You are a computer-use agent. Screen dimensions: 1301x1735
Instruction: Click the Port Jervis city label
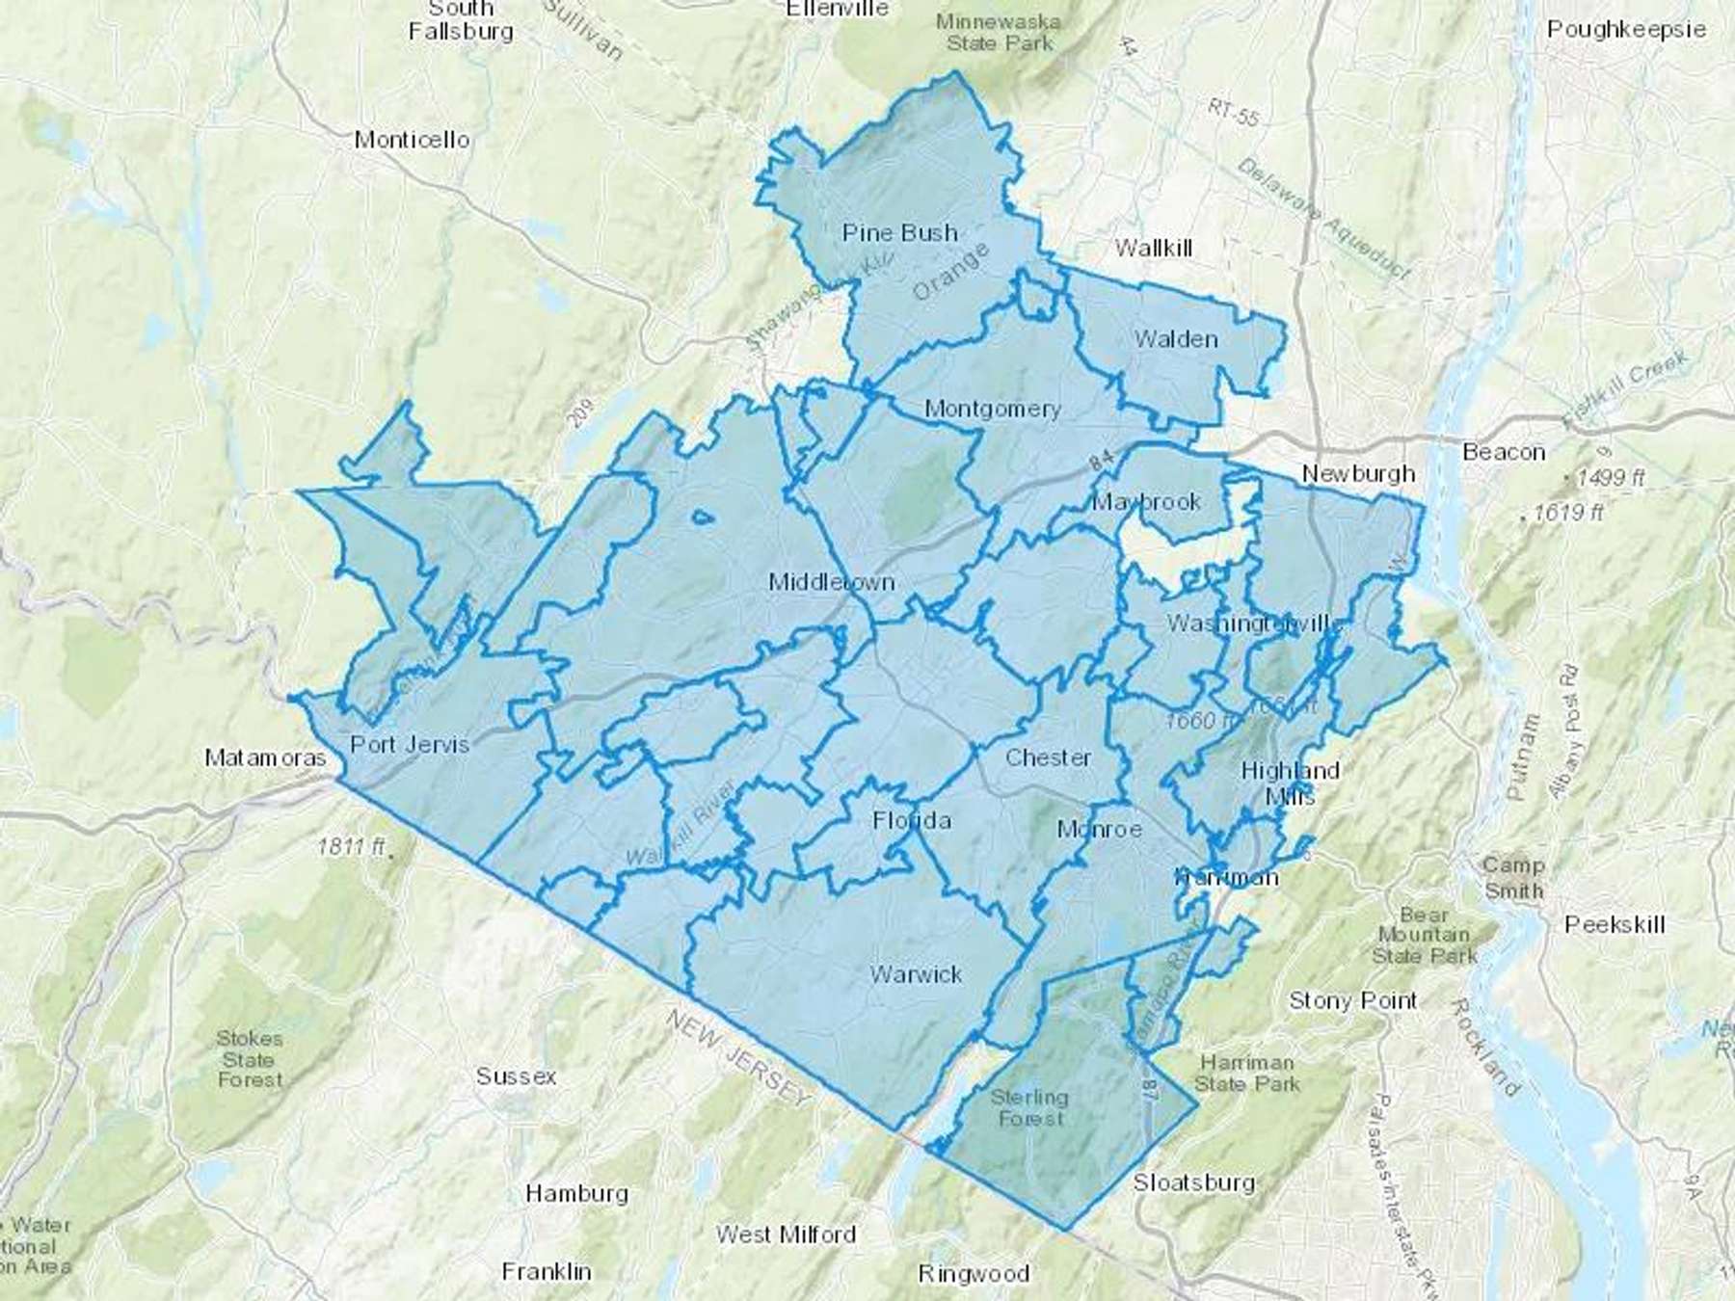pos(410,744)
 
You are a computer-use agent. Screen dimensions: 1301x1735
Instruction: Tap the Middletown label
pos(831,582)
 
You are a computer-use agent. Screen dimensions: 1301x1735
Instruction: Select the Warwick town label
pos(916,974)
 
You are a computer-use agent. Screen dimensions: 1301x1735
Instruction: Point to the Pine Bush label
pos(899,233)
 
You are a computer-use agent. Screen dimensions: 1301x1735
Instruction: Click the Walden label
pos(1176,339)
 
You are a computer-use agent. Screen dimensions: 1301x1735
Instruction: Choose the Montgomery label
pos(992,409)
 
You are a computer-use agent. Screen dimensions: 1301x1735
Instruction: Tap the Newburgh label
pos(1358,473)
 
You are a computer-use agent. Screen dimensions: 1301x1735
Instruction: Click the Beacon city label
pos(1504,452)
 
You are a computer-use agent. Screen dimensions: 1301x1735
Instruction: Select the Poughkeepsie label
pos(1626,29)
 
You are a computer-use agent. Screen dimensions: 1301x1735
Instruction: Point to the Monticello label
pos(412,140)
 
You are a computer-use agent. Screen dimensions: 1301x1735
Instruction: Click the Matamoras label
pos(266,758)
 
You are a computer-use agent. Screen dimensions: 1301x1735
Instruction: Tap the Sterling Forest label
pos(1029,1108)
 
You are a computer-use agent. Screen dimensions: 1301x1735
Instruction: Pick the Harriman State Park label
pos(1247,1073)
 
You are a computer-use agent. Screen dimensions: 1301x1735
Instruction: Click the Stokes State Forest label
pos(250,1059)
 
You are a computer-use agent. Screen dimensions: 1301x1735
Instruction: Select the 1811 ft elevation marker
pos(353,847)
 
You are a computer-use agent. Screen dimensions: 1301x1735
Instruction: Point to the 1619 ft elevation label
pos(1566,513)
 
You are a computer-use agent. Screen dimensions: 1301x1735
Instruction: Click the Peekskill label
pos(1615,924)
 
